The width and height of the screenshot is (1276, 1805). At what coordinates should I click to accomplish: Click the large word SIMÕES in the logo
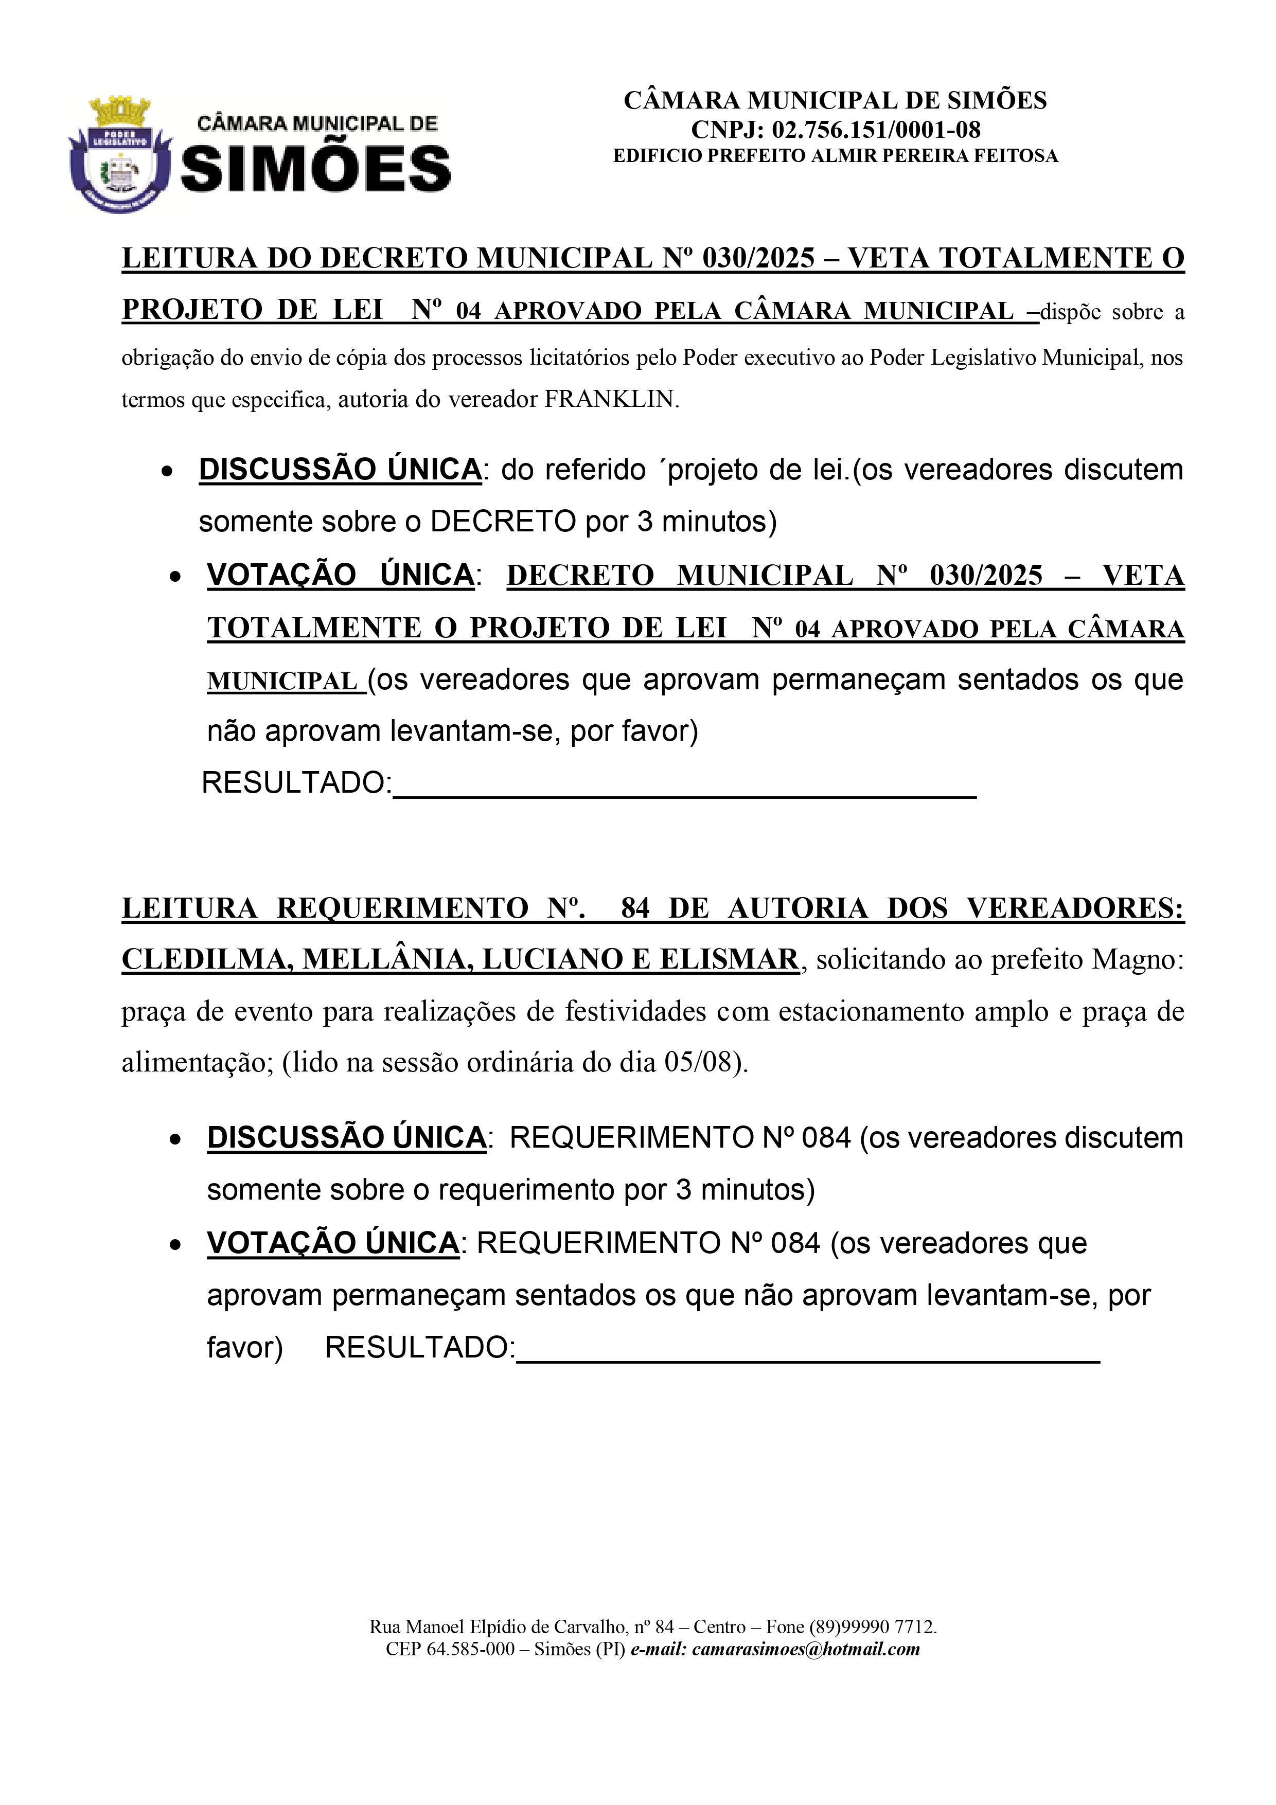coord(316,170)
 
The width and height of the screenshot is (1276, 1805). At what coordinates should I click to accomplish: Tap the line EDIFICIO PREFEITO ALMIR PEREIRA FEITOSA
coord(835,156)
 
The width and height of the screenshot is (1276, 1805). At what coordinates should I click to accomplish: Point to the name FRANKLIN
coord(610,399)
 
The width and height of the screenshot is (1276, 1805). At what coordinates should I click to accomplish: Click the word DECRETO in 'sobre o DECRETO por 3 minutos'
coord(503,521)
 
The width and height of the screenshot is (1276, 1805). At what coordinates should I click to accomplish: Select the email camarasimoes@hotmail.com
coord(806,1649)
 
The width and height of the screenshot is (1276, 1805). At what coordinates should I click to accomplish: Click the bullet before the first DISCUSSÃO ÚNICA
coord(167,472)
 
